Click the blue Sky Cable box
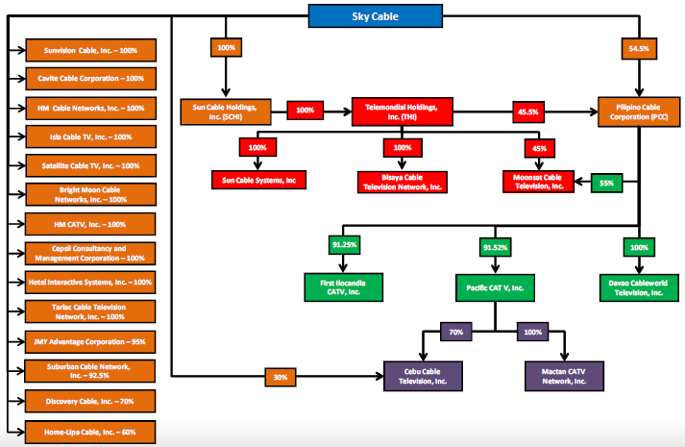(x=376, y=15)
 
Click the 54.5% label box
(x=637, y=47)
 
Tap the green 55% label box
(x=606, y=182)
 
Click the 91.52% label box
(x=494, y=248)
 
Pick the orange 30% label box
(x=281, y=378)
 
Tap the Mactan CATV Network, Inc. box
(x=569, y=376)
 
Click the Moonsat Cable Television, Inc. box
(x=537, y=180)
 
